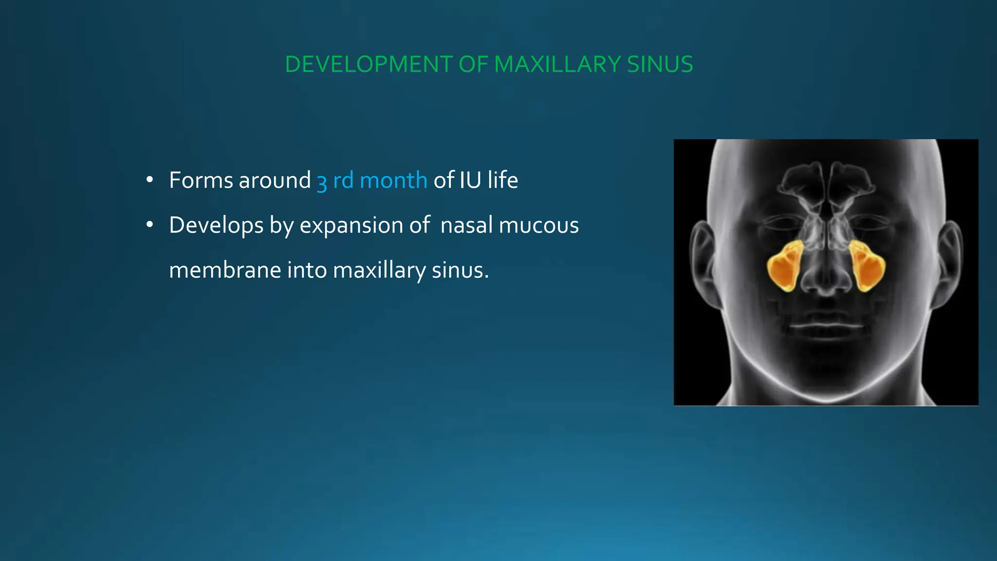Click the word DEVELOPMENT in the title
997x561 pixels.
pyautogui.click(x=369, y=64)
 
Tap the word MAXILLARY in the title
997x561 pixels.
pyautogui.click(x=557, y=64)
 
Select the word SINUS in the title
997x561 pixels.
pyautogui.click(x=660, y=64)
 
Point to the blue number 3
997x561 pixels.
pyautogui.click(x=322, y=182)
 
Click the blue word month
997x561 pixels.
pyautogui.click(x=393, y=180)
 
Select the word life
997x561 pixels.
pyautogui.click(x=503, y=180)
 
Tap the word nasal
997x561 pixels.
pyautogui.click(x=466, y=225)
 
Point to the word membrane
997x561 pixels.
pyautogui.click(x=225, y=270)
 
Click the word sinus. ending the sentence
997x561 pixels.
pyautogui.click(x=460, y=270)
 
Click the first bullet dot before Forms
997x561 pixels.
pyautogui.click(x=150, y=180)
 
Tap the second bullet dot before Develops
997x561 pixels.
pyautogui.click(x=150, y=225)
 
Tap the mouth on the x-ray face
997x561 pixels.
pyautogui.click(x=826, y=325)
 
